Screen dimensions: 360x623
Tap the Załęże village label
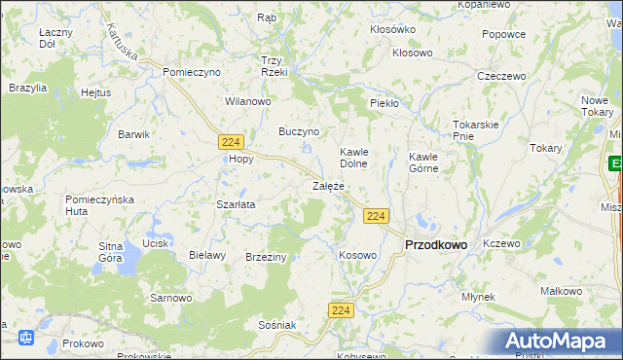(x=328, y=185)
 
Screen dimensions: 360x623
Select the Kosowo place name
(x=357, y=255)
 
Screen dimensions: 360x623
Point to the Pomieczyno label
(x=193, y=72)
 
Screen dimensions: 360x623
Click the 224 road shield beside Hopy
(x=231, y=142)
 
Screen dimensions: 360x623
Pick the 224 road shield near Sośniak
(x=340, y=309)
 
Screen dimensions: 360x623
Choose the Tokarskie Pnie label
(x=476, y=130)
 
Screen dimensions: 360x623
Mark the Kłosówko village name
(x=392, y=29)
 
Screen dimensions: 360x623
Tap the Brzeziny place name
(x=266, y=256)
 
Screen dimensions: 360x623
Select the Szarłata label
(x=236, y=205)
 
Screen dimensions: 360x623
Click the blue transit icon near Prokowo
(x=26, y=339)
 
